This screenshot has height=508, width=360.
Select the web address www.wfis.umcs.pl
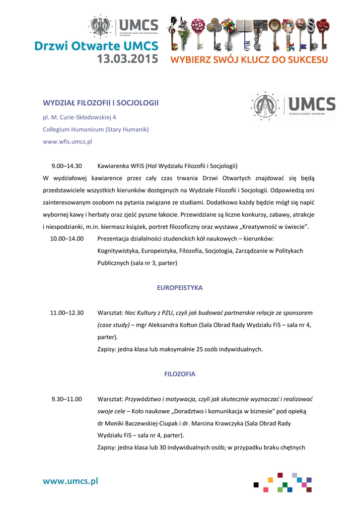[68, 141]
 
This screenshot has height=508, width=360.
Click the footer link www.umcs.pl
[70, 481]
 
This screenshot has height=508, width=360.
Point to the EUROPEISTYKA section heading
[180, 288]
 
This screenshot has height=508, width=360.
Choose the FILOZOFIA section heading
[180, 374]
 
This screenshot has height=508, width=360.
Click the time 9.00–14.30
[67, 166]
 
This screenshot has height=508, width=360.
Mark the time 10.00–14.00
[67, 239]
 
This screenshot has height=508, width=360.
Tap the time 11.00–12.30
[67, 313]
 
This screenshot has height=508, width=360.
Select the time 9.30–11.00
[67, 399]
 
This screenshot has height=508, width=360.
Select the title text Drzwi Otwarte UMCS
[96, 46]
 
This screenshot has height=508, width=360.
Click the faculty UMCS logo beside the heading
[293, 106]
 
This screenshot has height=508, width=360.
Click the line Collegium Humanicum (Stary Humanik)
[96, 129]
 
